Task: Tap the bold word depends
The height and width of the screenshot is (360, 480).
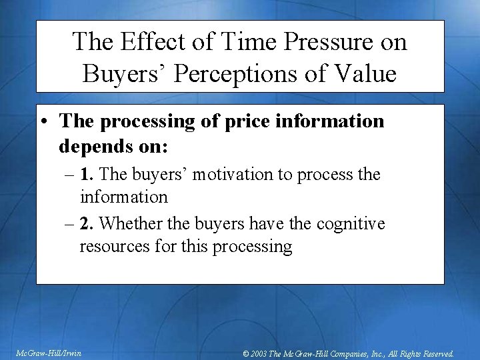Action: point(91,145)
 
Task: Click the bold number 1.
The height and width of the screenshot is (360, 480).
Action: point(86,175)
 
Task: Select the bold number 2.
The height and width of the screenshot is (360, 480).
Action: point(86,223)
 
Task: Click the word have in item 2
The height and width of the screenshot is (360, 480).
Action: point(257,223)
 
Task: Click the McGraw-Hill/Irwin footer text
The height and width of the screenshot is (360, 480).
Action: point(49,353)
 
